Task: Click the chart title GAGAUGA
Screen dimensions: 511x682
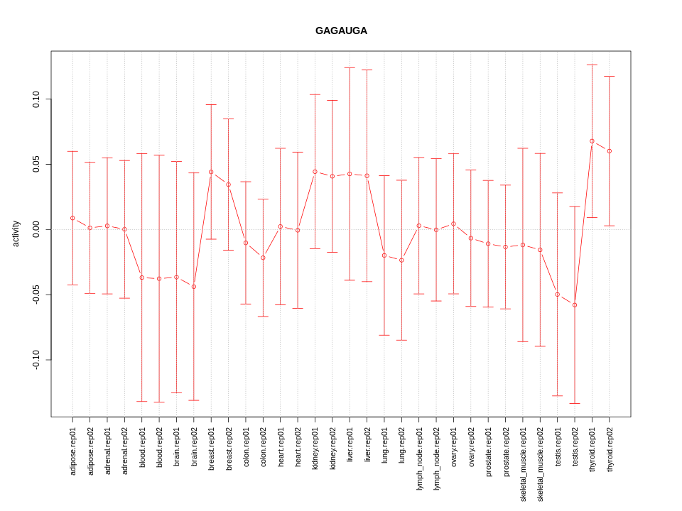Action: pos(341,31)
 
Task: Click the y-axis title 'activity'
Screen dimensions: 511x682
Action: pos(16,233)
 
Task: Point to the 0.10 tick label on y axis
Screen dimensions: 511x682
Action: pos(36,99)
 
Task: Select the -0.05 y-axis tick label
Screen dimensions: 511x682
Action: pos(36,295)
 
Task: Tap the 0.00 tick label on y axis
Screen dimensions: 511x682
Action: pos(36,229)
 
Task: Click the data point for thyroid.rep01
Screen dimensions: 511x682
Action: pos(592,141)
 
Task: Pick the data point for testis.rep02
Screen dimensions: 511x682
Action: pos(575,305)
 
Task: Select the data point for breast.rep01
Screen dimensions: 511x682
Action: pos(211,172)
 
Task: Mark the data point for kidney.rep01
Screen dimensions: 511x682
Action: pos(315,172)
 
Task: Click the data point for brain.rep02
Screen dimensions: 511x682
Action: pos(194,287)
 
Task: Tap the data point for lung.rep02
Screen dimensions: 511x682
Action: pos(401,260)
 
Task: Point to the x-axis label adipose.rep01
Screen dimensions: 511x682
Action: pos(72,451)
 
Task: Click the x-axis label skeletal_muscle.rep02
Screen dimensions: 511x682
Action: pos(540,464)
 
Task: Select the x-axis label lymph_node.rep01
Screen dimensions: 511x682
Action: pos(419,458)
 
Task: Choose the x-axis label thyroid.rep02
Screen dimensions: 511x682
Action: pos(610,450)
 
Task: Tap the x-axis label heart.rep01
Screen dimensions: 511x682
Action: pos(281,447)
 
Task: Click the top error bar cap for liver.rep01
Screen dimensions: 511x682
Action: pos(350,68)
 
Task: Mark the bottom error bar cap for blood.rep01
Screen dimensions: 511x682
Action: pos(142,402)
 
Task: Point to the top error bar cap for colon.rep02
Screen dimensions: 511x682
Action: pos(263,199)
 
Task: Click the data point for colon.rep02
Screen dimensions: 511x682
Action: pos(263,258)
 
